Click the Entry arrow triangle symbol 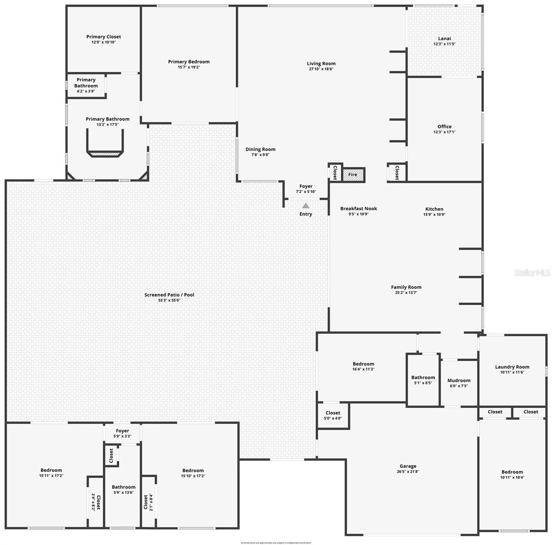click(306, 206)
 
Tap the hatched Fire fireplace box click(353, 174)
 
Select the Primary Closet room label click(104, 37)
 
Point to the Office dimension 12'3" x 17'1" click(444, 132)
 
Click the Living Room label click(321, 64)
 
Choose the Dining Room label click(260, 149)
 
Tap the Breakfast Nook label click(358, 208)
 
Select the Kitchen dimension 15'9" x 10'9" click(434, 214)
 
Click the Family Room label click(406, 287)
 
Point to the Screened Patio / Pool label click(169, 295)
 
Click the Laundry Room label click(512, 367)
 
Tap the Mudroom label click(458, 381)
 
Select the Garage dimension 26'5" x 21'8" click(408, 471)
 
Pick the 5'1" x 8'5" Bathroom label click(423, 377)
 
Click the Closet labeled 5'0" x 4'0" click(333, 413)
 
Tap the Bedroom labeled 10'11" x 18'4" click(512, 472)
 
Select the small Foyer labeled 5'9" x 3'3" click(122, 431)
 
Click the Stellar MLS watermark click(532, 272)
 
